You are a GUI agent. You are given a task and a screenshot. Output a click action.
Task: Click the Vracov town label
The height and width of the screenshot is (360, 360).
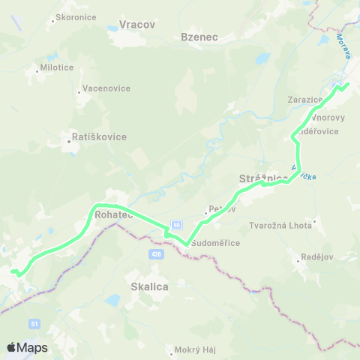click(x=136, y=25)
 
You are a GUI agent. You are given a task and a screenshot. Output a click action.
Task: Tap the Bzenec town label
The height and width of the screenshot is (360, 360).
click(x=199, y=36)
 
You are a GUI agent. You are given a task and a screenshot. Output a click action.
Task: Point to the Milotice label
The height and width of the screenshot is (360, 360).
click(x=57, y=66)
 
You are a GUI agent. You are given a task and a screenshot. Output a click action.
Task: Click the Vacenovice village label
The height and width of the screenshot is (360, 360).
click(x=105, y=88)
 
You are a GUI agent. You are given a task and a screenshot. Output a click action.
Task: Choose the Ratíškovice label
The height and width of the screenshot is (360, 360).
click(x=98, y=137)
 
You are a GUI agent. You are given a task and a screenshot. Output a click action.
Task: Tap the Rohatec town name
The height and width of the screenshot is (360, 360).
click(x=114, y=214)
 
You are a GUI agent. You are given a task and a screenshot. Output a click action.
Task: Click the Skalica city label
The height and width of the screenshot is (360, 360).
click(x=149, y=286)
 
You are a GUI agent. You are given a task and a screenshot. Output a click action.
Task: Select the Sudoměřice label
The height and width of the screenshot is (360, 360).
click(x=214, y=244)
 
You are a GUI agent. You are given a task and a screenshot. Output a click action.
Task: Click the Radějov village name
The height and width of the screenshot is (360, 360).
click(x=310, y=257)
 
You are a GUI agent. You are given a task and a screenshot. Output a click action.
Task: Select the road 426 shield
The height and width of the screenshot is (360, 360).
click(x=157, y=254)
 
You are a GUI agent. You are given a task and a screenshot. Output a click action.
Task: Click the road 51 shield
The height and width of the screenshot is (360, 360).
click(x=34, y=323)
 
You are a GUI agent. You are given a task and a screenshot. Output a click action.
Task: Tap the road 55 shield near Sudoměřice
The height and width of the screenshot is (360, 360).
click(x=176, y=224)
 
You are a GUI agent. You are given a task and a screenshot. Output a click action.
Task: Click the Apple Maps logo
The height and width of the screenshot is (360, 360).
click(x=26, y=348)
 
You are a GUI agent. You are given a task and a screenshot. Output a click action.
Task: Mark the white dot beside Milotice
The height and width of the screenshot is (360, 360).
click(x=37, y=72)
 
